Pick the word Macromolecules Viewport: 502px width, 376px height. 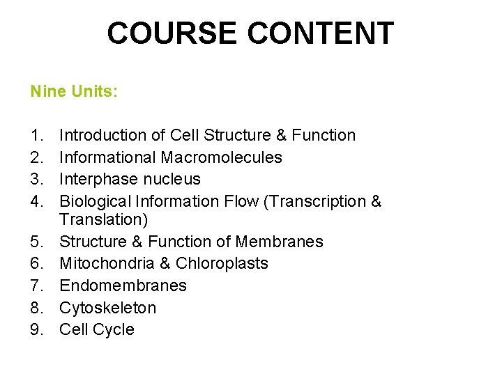(x=222, y=157)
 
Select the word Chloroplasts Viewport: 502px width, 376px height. (x=222, y=263)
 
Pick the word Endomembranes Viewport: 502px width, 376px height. (x=123, y=285)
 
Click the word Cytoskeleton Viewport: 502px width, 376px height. (x=108, y=308)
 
